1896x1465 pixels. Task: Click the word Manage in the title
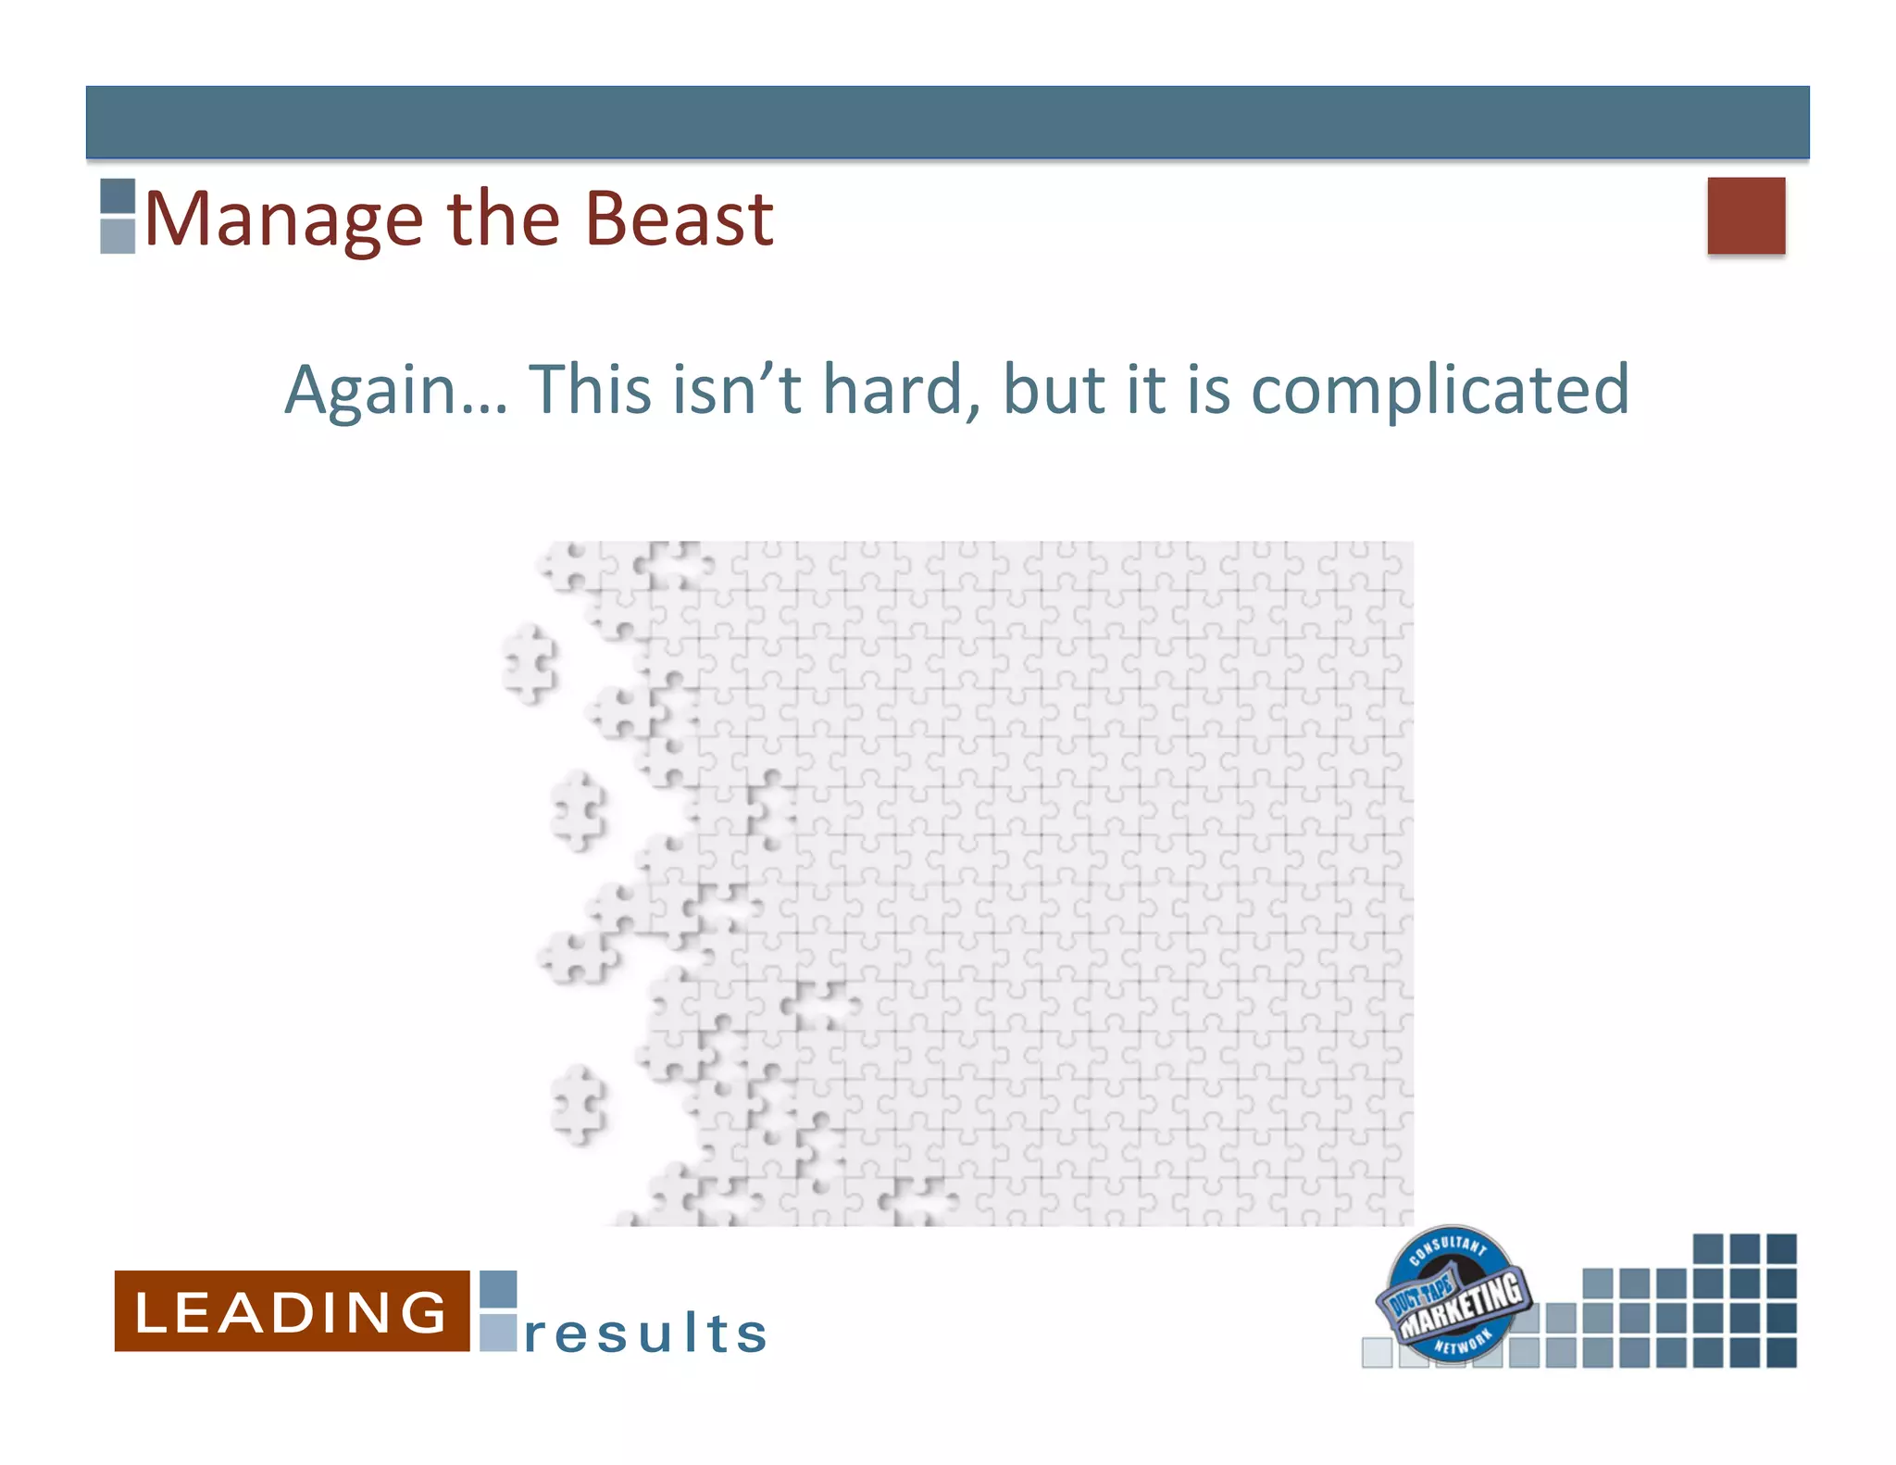(283, 220)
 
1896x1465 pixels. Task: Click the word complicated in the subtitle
(1440, 391)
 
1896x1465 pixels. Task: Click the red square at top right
(1745, 216)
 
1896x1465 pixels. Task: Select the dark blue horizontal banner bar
(947, 122)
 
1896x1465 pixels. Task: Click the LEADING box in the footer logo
(292, 1311)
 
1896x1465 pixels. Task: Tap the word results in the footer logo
(645, 1334)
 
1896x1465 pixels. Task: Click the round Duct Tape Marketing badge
(1452, 1295)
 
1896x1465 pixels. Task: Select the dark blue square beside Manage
(118, 196)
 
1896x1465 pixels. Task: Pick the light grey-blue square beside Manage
(118, 235)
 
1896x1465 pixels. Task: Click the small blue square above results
(498, 1289)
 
